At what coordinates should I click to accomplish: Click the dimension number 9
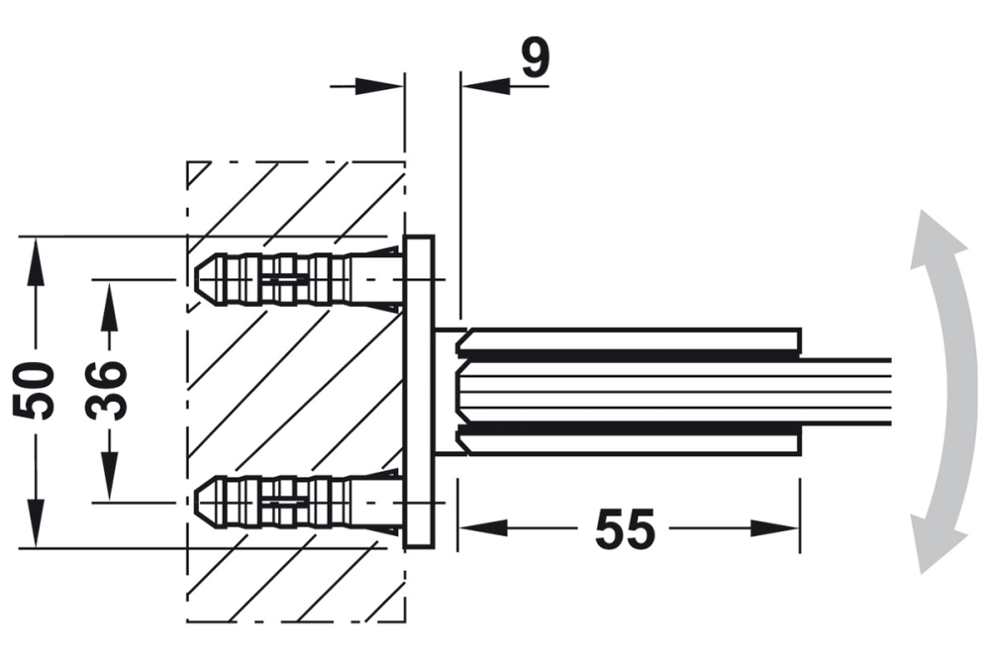[535, 59]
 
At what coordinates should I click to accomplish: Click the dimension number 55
[625, 529]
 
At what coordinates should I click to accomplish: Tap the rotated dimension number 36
[107, 390]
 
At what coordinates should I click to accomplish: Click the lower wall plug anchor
[287, 502]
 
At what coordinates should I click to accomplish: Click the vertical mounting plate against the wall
[420, 391]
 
